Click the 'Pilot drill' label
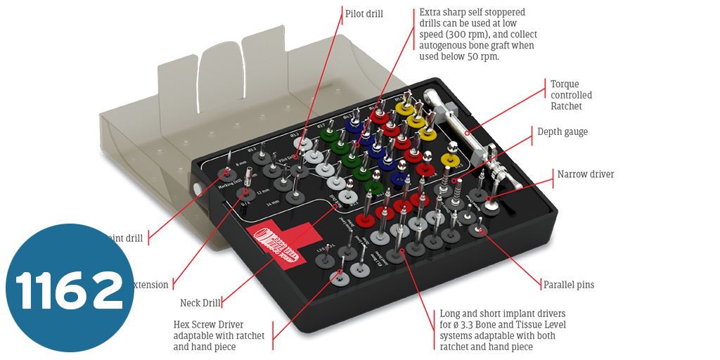click(364, 14)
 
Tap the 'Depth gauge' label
click(562, 131)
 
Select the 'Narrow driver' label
click(586, 174)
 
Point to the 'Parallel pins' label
click(568, 285)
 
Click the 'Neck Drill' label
click(200, 303)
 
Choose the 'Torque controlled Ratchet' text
click(571, 95)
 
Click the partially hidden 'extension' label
click(151, 285)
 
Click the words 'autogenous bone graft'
click(464, 46)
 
